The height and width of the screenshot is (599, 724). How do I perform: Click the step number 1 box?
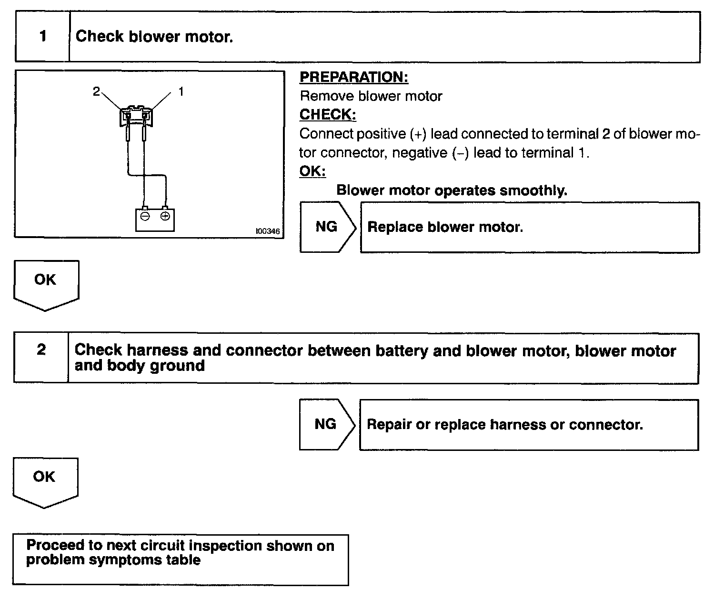pyautogui.click(x=43, y=37)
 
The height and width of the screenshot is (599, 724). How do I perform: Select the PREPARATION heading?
pyautogui.click(x=354, y=77)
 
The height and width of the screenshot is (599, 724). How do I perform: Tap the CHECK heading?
pyautogui.click(x=328, y=115)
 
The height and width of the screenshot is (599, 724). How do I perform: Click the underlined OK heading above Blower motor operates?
pyautogui.click(x=312, y=171)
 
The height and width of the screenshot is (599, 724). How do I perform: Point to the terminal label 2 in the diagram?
pyautogui.click(x=96, y=91)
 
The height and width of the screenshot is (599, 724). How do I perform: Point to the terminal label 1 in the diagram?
pyautogui.click(x=181, y=91)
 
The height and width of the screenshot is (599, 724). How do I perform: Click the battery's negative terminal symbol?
pyautogui.click(x=145, y=217)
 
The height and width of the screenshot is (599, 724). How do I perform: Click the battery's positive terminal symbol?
pyautogui.click(x=165, y=217)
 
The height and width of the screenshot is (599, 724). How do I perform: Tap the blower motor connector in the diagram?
pyautogui.click(x=136, y=116)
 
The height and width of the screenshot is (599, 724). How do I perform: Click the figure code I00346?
pyautogui.click(x=268, y=231)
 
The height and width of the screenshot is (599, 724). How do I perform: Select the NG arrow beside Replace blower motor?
pyautogui.click(x=327, y=227)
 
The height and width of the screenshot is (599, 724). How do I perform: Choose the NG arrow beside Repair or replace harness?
pyautogui.click(x=326, y=424)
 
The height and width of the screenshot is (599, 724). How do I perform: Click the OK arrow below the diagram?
pyautogui.click(x=46, y=284)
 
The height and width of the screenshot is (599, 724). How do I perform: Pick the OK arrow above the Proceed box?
pyautogui.click(x=45, y=481)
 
